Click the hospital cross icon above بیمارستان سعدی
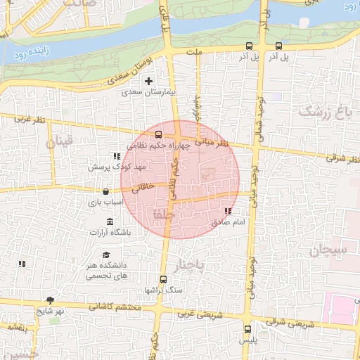[148, 82]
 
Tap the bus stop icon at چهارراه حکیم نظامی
[158, 134]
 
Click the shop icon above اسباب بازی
[105, 191]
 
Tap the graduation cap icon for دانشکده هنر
[106, 255]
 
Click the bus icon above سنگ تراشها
[164, 279]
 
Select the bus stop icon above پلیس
[247, 329]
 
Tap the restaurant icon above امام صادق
[227, 211]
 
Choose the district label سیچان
[328, 249]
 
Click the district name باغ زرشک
[323, 111]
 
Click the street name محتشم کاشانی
[116, 307]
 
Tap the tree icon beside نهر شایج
[49, 300]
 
